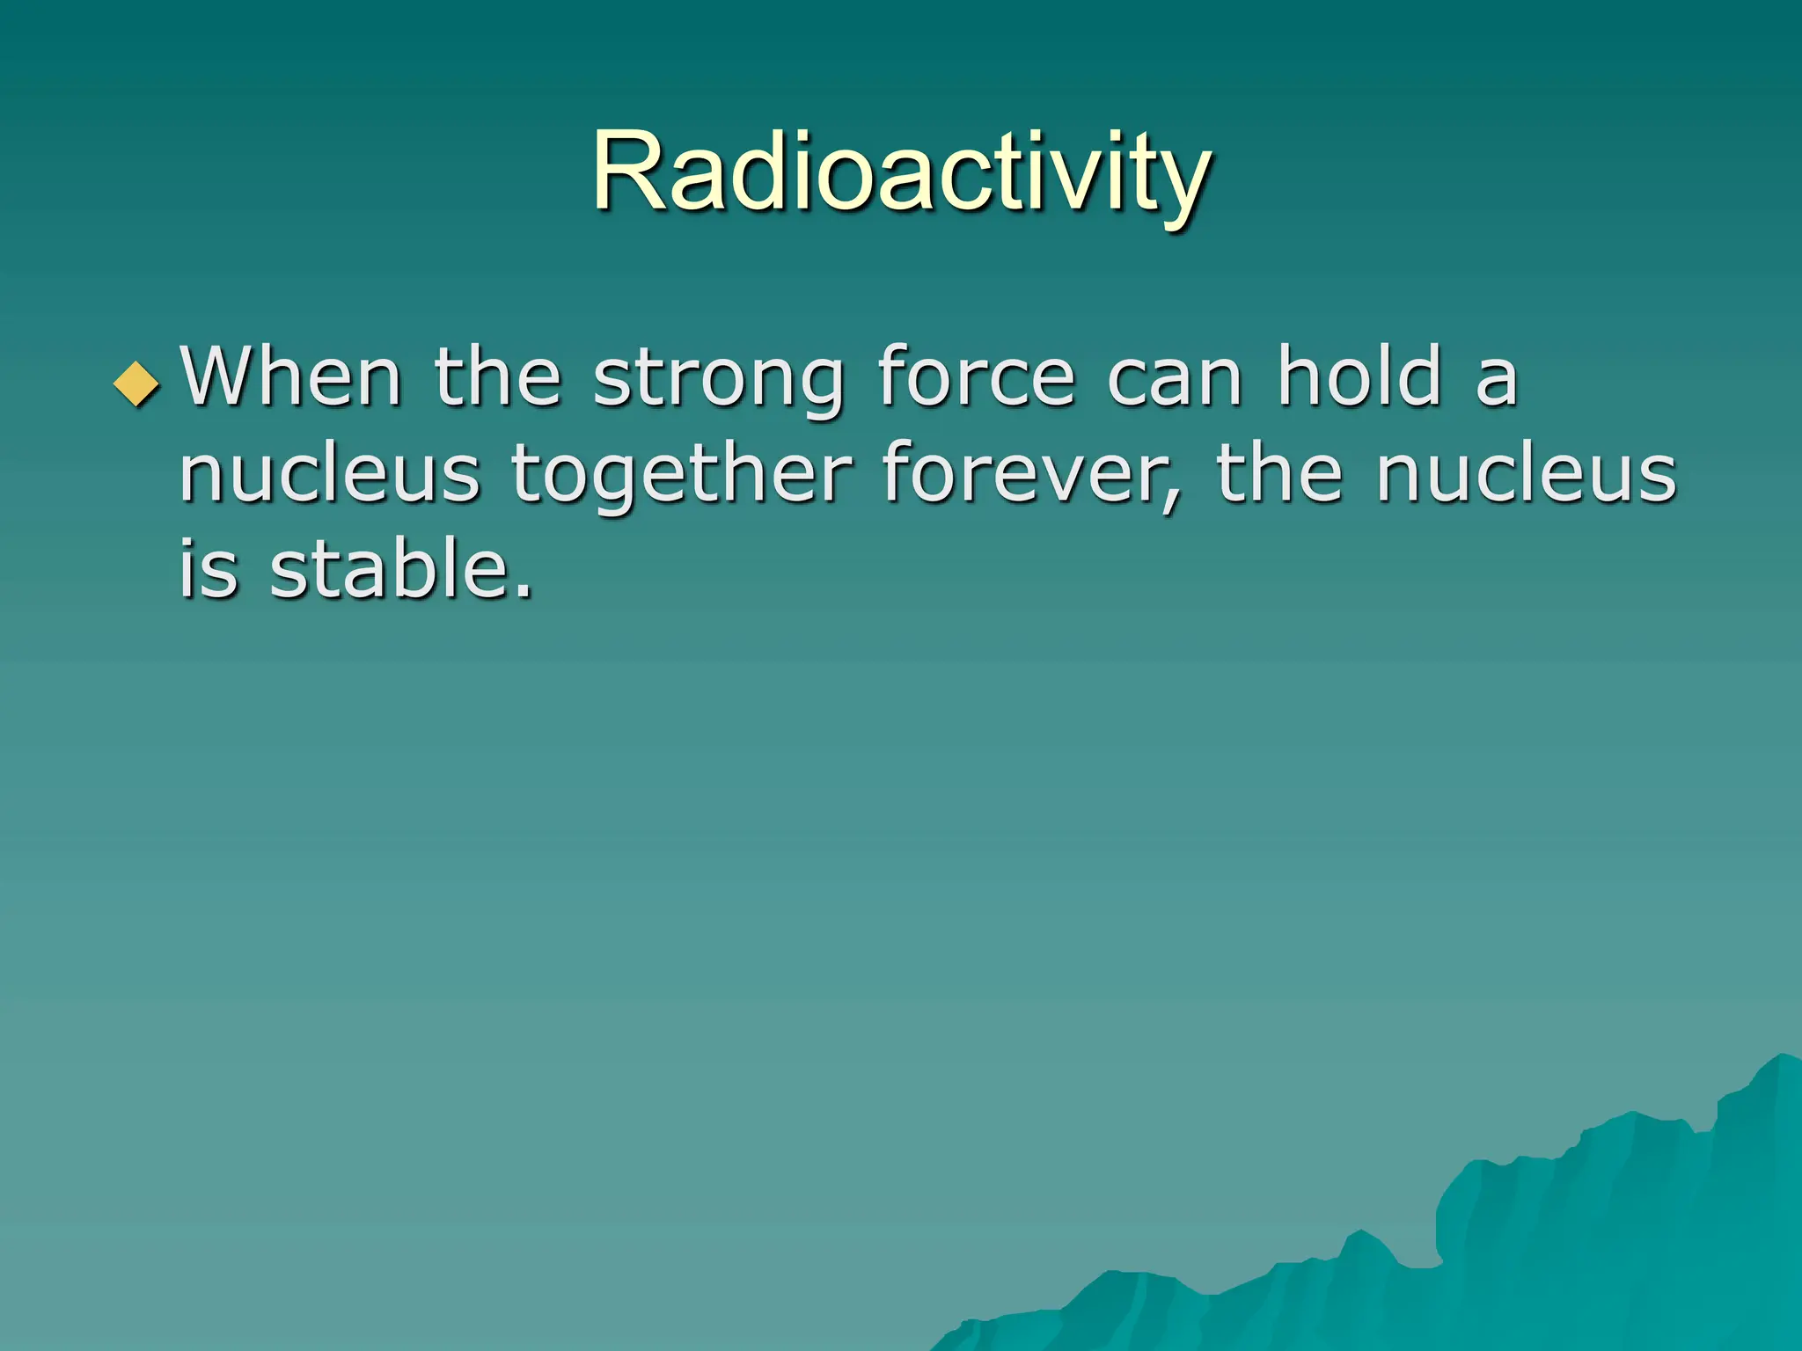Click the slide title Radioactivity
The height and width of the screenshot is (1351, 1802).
pyautogui.click(x=901, y=172)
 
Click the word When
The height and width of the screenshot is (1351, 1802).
pyautogui.click(x=290, y=378)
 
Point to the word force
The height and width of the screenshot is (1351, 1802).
pyautogui.click(x=977, y=378)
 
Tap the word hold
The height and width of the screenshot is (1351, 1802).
pyautogui.click(x=1359, y=378)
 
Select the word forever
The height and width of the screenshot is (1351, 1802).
pyautogui.click(x=1021, y=475)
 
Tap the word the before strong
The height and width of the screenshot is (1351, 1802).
pyautogui.click(x=498, y=378)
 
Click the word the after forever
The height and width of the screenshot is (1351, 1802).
pyautogui.click(x=1279, y=475)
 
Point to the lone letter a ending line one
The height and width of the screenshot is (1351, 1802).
pyautogui.click(x=1496, y=382)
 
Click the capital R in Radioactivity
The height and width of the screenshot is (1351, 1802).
pyautogui.click(x=626, y=172)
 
